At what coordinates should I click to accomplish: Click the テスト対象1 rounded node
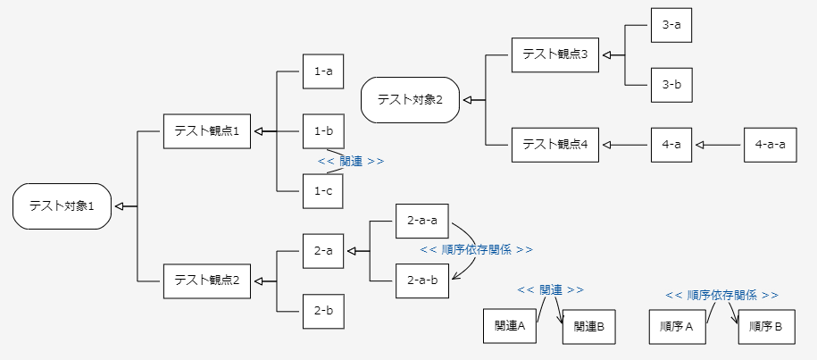click(x=62, y=206)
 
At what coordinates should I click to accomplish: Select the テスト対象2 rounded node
click(x=410, y=99)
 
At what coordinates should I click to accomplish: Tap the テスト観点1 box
click(x=206, y=131)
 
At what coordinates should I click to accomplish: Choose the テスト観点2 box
click(x=206, y=280)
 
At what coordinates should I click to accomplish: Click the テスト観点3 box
click(x=554, y=55)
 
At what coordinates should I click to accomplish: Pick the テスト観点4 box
click(x=554, y=145)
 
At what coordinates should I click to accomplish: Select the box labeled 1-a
click(x=323, y=71)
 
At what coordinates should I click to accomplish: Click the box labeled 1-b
click(x=323, y=130)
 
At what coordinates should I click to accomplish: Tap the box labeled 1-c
click(x=323, y=190)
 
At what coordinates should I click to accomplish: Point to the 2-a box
click(x=323, y=251)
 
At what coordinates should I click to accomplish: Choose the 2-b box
click(x=323, y=311)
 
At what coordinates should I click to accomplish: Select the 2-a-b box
click(x=421, y=280)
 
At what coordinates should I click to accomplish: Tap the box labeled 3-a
click(x=671, y=26)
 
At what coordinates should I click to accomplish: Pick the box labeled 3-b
click(x=671, y=86)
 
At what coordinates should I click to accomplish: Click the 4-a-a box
click(x=770, y=145)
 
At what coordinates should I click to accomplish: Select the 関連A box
click(x=509, y=326)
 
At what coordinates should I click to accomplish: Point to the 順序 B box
click(x=765, y=328)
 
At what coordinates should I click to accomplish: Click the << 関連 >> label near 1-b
click(x=351, y=162)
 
